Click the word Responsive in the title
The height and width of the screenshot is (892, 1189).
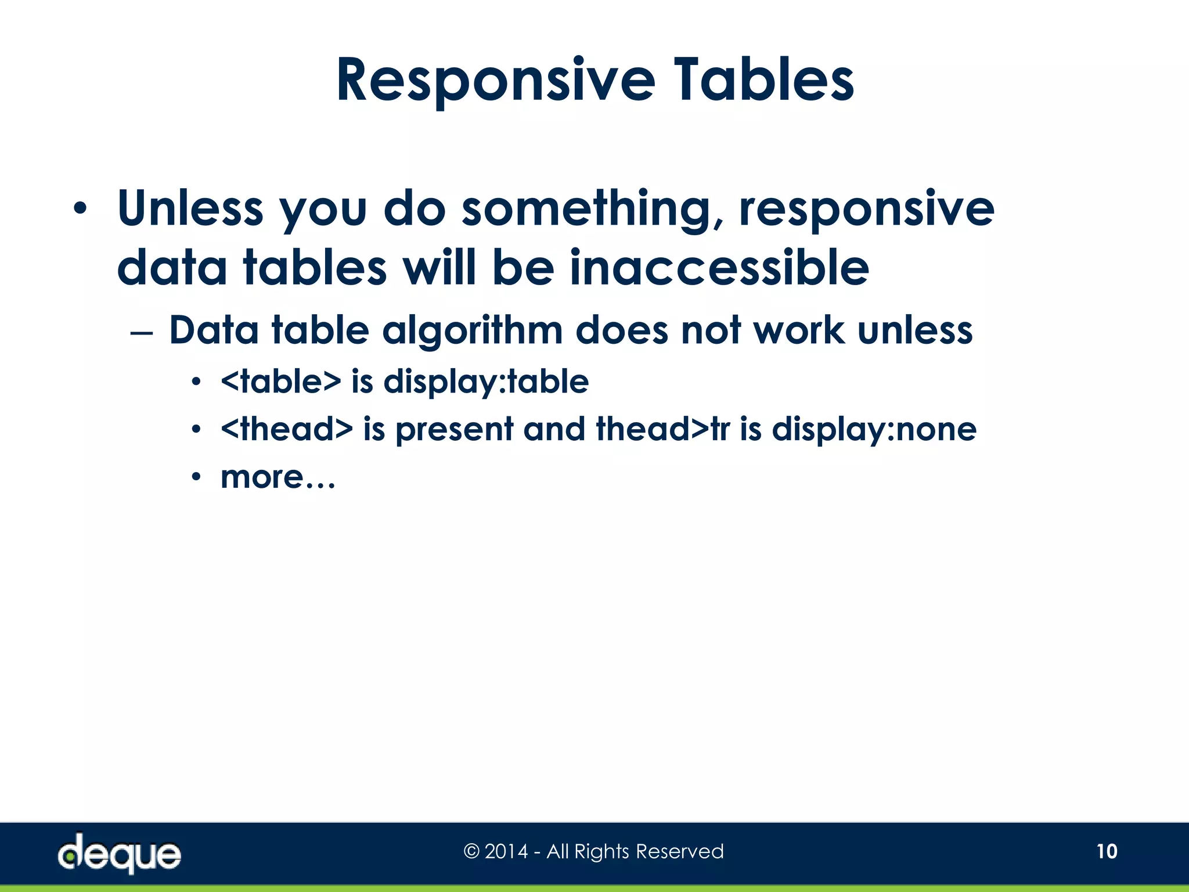click(495, 81)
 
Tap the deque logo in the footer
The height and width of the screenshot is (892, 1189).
click(119, 853)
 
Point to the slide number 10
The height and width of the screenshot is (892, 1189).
click(1107, 851)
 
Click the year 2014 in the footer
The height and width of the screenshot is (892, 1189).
click(506, 851)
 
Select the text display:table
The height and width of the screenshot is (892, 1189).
click(486, 382)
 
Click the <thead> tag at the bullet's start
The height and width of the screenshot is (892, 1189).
click(287, 429)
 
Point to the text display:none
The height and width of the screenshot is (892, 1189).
click(874, 430)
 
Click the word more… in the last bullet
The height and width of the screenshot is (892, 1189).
click(278, 477)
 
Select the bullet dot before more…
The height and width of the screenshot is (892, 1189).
click(196, 477)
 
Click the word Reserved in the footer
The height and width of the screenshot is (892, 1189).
click(679, 851)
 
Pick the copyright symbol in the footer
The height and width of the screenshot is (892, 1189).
click(471, 852)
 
